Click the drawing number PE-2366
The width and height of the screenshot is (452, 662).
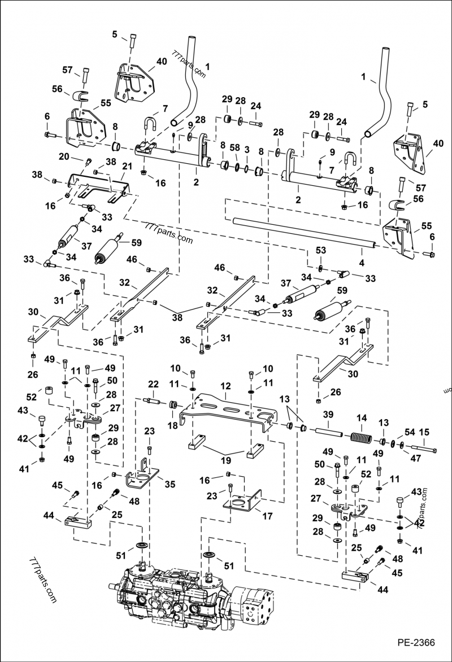point(416,642)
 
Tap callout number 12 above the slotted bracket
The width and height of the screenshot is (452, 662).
point(225,386)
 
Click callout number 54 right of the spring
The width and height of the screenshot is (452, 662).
point(394,431)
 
